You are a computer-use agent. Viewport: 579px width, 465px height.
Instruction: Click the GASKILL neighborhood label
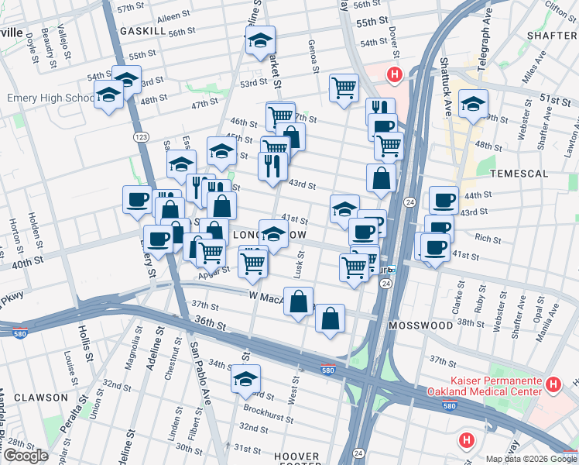click(x=142, y=30)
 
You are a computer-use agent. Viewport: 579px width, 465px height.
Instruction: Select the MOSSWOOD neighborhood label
click(x=421, y=325)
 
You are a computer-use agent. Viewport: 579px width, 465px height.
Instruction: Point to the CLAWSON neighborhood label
click(x=34, y=398)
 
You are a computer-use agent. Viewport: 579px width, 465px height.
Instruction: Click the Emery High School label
click(x=50, y=98)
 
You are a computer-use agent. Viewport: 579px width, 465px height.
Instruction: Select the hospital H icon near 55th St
click(x=394, y=75)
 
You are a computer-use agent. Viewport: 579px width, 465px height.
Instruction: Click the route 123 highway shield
click(x=140, y=136)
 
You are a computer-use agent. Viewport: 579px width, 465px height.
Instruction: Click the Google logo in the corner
click(x=26, y=456)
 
